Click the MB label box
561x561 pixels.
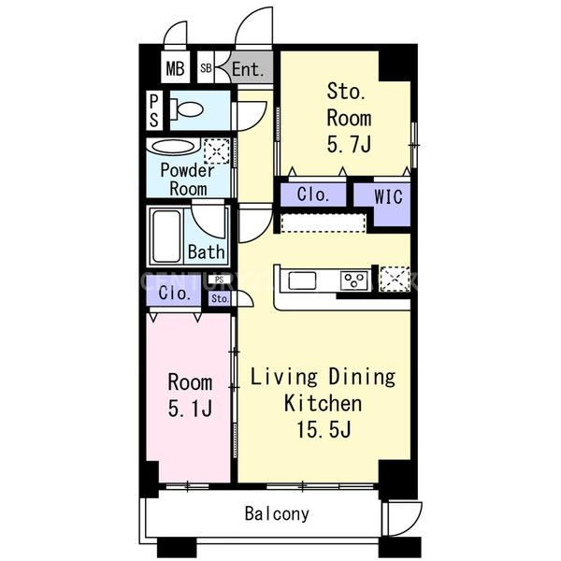click(175, 68)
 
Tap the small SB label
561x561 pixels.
click(205, 68)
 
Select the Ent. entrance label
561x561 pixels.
click(247, 68)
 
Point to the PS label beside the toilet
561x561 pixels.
click(153, 110)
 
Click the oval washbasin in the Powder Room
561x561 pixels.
click(173, 147)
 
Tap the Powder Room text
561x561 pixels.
click(187, 179)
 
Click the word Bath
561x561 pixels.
click(206, 252)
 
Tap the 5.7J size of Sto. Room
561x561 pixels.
click(348, 145)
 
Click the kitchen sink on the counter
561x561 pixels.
click(304, 280)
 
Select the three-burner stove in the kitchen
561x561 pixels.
click(353, 280)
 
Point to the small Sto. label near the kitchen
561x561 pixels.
click(219, 299)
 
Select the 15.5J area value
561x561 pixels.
click(323, 430)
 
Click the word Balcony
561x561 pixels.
click(277, 513)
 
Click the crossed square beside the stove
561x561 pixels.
click(394, 279)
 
